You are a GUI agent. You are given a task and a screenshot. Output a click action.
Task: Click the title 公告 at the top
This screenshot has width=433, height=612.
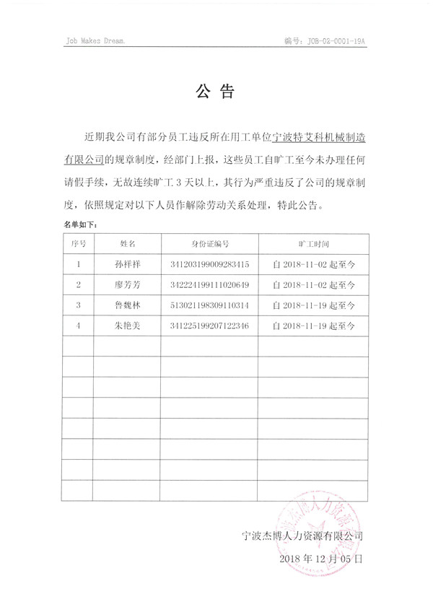[216, 92]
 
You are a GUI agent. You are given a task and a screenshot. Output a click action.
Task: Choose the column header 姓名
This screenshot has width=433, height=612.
[128, 244]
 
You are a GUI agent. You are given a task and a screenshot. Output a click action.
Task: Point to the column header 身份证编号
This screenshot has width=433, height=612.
[210, 244]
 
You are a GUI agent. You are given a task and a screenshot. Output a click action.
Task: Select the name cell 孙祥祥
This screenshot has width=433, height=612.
[128, 264]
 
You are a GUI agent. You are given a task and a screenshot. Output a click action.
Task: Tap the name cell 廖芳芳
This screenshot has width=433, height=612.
[128, 284]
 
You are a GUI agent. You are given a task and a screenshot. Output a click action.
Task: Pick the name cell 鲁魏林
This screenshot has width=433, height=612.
[128, 305]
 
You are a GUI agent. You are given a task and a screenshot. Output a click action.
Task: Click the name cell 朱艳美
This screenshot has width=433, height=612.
[128, 326]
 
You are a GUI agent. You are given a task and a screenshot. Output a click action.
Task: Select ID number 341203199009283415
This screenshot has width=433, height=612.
[210, 264]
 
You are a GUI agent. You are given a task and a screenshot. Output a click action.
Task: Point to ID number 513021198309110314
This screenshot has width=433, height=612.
[210, 305]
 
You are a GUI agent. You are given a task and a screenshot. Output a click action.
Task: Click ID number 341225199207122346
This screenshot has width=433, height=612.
[210, 326]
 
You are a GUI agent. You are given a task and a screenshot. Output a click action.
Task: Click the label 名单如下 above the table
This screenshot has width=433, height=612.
[80, 224]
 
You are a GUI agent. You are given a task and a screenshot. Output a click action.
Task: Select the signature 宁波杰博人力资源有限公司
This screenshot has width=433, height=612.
[302, 536]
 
